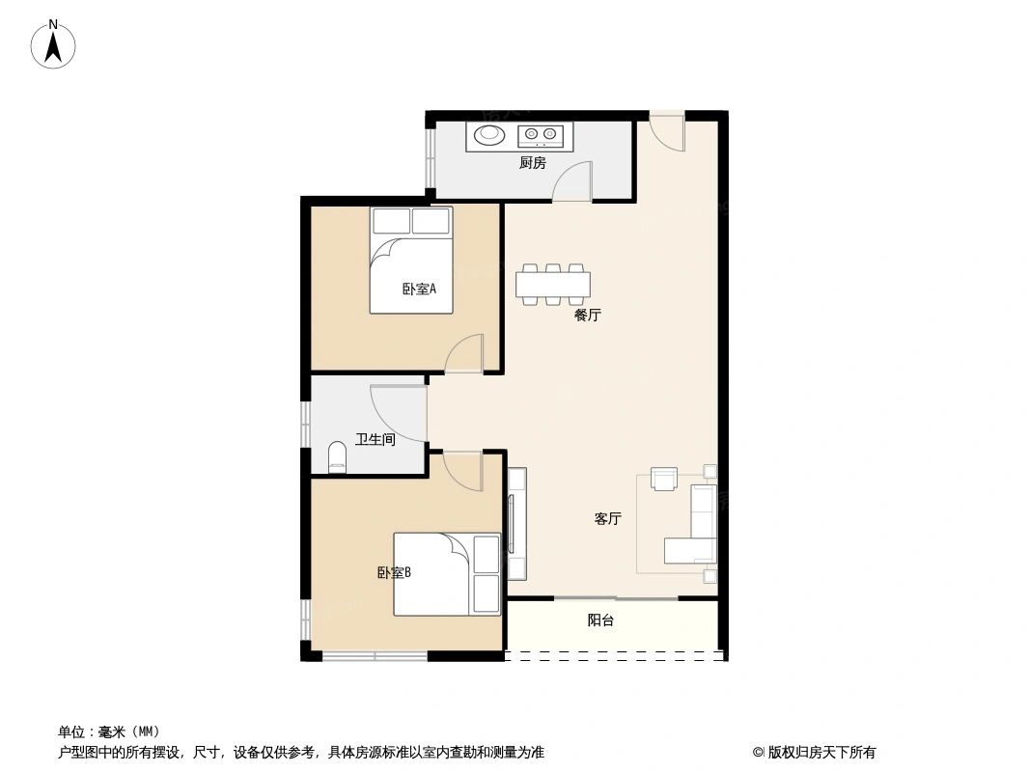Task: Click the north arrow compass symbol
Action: click(x=55, y=43)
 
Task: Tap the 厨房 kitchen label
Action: click(x=532, y=163)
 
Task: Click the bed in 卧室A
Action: click(x=411, y=261)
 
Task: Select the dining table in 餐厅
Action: click(x=553, y=283)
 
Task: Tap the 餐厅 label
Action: click(x=587, y=315)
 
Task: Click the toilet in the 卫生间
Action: click(x=337, y=457)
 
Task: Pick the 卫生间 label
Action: click(x=375, y=440)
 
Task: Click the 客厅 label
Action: click(x=607, y=519)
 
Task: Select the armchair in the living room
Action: click(x=665, y=479)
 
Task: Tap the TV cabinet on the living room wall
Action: click(x=516, y=523)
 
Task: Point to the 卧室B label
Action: click(x=394, y=572)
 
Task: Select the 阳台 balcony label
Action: click(x=600, y=620)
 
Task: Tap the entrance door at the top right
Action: click(x=666, y=131)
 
